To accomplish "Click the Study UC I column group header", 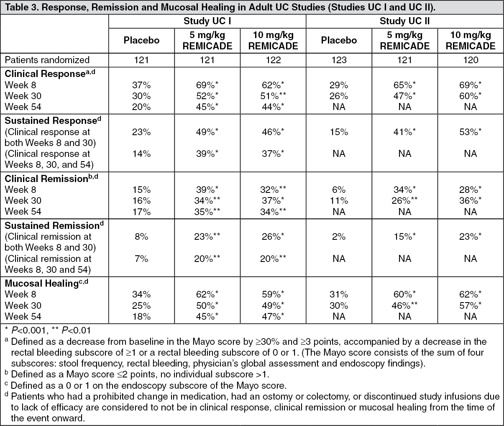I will (x=207, y=21).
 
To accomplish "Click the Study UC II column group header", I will (x=404, y=21).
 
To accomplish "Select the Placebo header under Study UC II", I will (x=339, y=40).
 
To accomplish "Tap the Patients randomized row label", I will (x=47, y=60).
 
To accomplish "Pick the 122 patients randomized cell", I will (x=273, y=60).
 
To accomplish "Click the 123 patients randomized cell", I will (x=339, y=60).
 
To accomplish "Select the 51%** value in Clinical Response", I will (x=273, y=96).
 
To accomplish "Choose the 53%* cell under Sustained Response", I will (x=471, y=132).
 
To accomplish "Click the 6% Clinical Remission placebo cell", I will (x=339, y=190).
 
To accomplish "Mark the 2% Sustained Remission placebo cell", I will (x=339, y=236).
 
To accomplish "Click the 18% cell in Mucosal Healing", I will (x=141, y=316).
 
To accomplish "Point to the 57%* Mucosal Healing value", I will (x=471, y=305).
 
